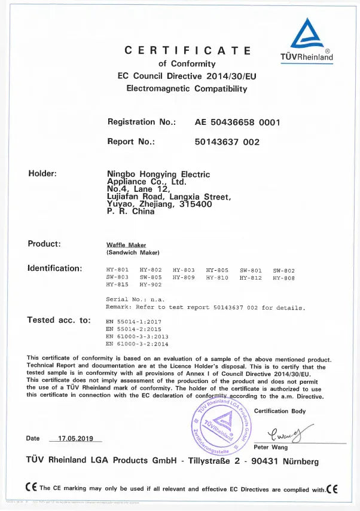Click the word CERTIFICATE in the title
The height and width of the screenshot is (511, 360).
click(x=188, y=51)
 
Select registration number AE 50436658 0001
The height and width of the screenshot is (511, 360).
click(x=237, y=122)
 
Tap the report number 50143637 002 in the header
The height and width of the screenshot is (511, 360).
click(x=227, y=142)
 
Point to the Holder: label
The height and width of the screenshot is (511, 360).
click(x=42, y=174)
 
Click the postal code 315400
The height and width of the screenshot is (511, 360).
click(x=196, y=204)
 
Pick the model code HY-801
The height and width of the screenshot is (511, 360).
click(x=117, y=271)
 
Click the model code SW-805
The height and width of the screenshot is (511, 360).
click(x=150, y=277)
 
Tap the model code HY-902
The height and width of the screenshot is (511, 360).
click(x=150, y=284)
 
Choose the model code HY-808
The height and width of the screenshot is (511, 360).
click(x=283, y=277)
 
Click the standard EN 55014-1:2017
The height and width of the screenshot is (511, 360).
click(x=133, y=322)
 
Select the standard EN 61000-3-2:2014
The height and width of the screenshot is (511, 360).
click(x=137, y=344)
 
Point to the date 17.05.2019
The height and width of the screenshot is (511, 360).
click(x=76, y=438)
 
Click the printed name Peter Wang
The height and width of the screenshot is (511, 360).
click(x=270, y=447)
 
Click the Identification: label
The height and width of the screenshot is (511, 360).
click(x=55, y=268)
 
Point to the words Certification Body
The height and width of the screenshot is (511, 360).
click(x=280, y=411)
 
